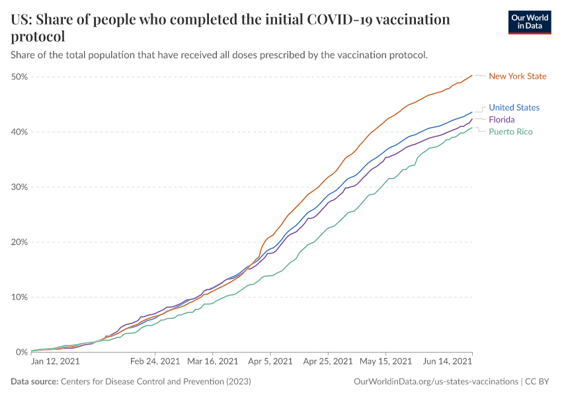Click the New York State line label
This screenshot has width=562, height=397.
pyautogui.click(x=517, y=76)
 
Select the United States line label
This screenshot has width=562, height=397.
pyautogui.click(x=514, y=108)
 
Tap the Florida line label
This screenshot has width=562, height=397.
pyautogui.click(x=502, y=120)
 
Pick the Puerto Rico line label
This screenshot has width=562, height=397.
pyautogui.click(x=510, y=132)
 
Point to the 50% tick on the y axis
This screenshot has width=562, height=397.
pyautogui.click(x=19, y=77)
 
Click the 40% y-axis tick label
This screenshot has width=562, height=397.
pyautogui.click(x=19, y=132)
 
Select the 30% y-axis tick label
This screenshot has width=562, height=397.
pyautogui.click(x=19, y=187)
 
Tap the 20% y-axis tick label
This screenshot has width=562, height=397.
pyautogui.click(x=19, y=242)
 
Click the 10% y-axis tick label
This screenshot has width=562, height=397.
pyautogui.click(x=19, y=297)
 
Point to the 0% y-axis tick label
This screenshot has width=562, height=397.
pyautogui.click(x=21, y=352)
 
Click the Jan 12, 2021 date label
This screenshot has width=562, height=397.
pyautogui.click(x=56, y=362)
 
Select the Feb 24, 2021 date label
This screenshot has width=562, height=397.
pyautogui.click(x=155, y=362)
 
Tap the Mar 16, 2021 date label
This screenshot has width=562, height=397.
pyautogui.click(x=212, y=362)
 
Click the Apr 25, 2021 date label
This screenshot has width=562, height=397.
pyautogui.click(x=327, y=362)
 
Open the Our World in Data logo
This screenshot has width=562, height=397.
pyautogui.click(x=529, y=22)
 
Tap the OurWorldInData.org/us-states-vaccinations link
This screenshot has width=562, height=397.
pyautogui.click(x=436, y=382)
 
